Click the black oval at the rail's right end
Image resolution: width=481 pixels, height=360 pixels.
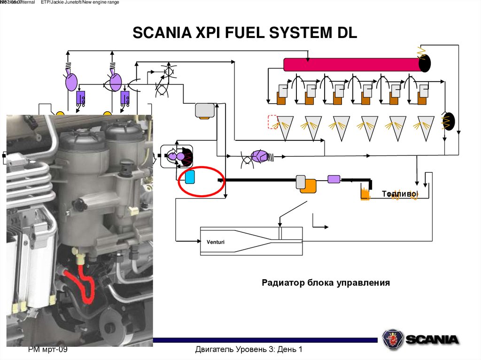point(425,62)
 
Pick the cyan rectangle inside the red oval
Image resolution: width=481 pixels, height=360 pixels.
point(190,177)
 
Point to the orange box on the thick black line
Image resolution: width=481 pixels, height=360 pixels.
point(308,186)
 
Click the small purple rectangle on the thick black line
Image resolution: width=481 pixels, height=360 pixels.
point(334,178)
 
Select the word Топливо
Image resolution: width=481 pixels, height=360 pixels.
point(399,194)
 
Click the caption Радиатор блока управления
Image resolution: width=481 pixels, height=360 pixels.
point(326,283)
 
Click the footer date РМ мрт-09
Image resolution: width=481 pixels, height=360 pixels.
point(48,350)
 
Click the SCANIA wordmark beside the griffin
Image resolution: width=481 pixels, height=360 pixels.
point(432,339)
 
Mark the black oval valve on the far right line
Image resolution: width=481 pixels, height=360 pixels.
point(445,121)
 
